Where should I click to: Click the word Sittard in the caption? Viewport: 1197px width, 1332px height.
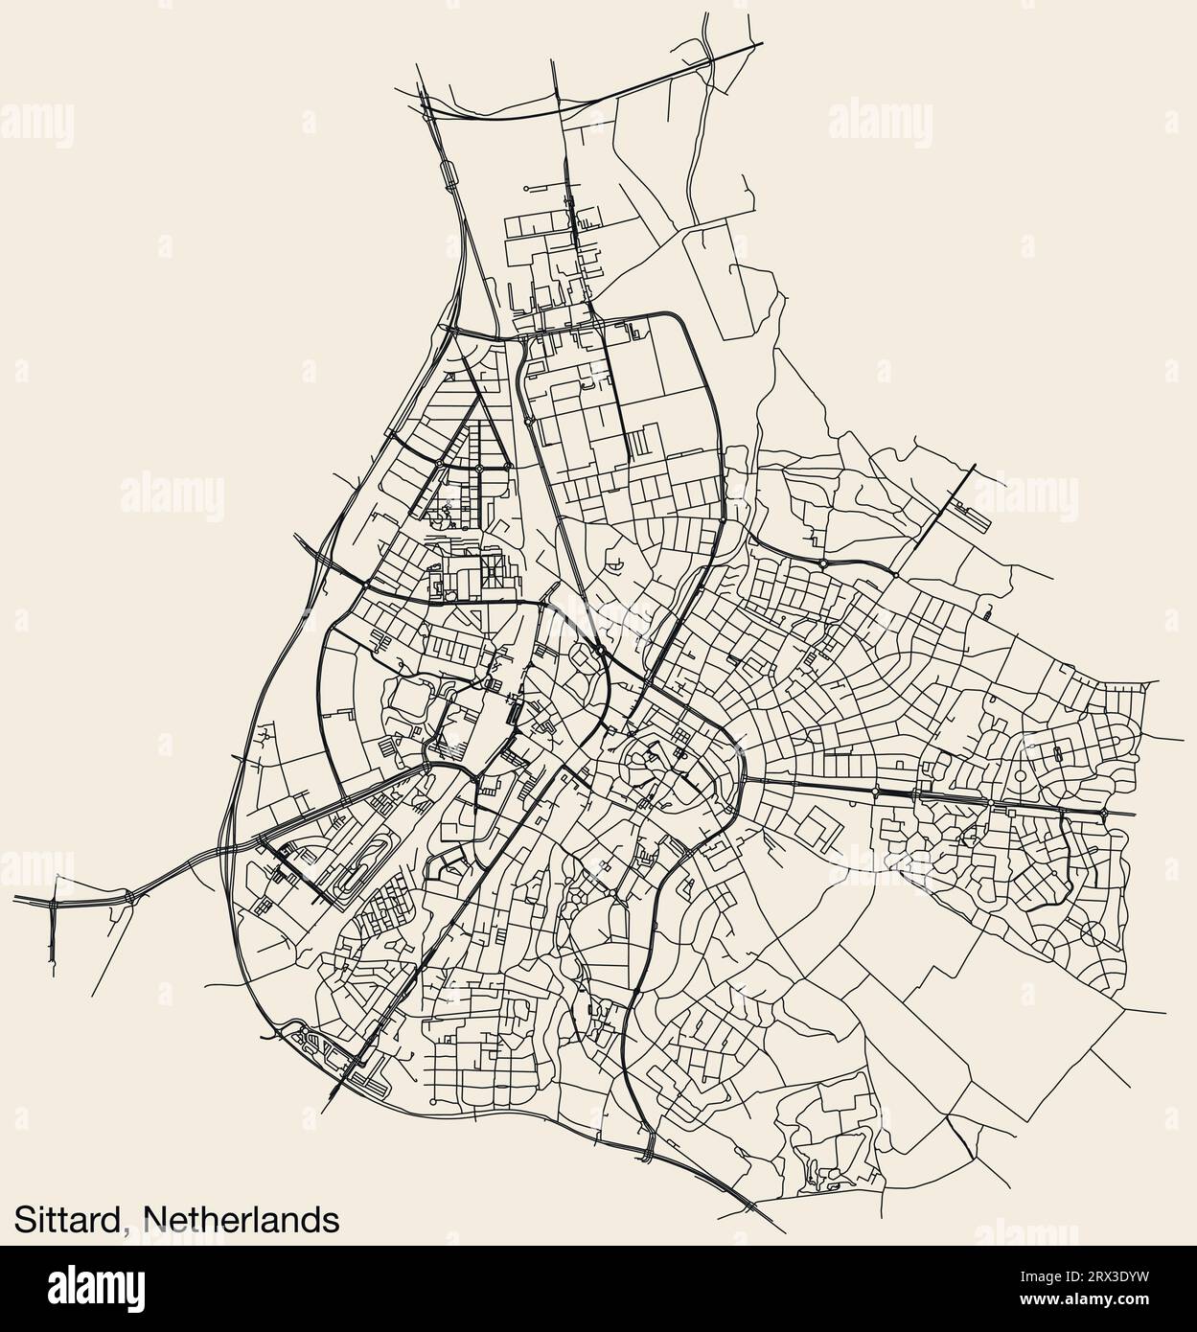(67, 1219)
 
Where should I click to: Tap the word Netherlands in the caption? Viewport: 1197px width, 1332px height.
(242, 1219)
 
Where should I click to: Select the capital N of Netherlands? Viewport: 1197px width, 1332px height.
(155, 1219)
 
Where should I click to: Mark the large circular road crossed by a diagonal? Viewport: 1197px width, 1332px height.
(1092, 930)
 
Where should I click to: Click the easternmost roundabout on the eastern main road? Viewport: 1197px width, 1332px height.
(1104, 813)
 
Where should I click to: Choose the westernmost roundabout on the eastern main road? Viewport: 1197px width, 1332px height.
(876, 791)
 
